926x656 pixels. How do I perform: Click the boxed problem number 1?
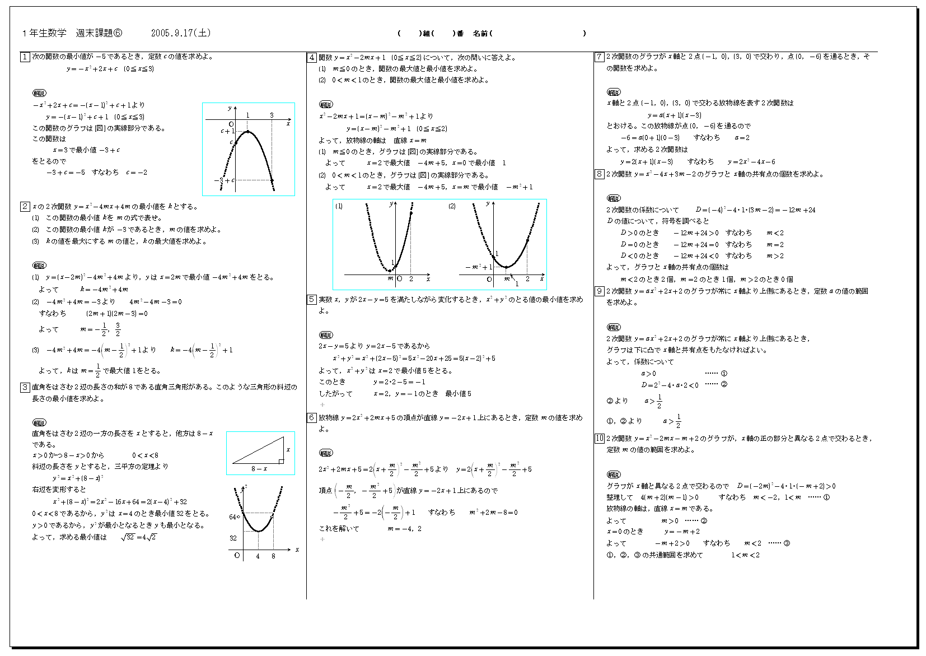tap(25, 57)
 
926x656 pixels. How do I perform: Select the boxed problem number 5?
tap(312, 300)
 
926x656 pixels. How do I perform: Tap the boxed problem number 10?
tap(599, 438)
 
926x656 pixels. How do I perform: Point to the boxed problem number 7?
tap(599, 57)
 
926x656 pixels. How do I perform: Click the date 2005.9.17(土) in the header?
tap(181, 33)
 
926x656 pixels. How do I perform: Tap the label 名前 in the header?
tap(480, 34)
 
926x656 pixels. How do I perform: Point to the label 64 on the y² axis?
tap(233, 517)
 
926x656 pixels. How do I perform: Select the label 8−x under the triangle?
tap(259, 469)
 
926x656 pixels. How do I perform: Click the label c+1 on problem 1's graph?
tap(227, 131)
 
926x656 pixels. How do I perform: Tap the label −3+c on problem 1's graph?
tap(223, 180)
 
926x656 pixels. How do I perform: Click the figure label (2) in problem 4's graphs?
tap(452, 206)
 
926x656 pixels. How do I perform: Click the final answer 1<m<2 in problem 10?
tap(745, 555)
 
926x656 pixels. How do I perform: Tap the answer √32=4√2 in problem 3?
tap(138, 537)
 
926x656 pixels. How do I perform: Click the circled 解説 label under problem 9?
tap(614, 327)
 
